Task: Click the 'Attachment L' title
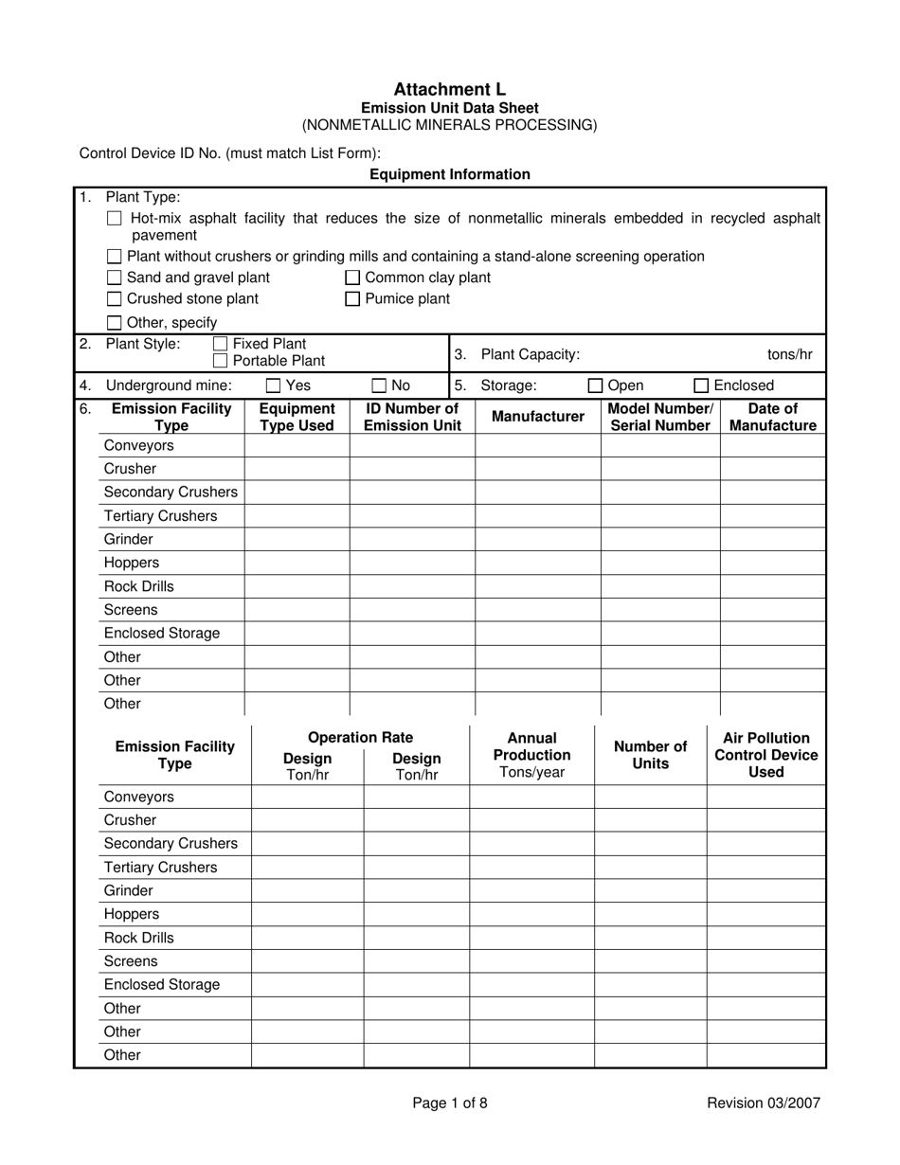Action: coord(449,89)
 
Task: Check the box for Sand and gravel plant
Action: coord(115,278)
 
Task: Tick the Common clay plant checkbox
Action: coord(352,278)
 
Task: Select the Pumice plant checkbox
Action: coord(352,299)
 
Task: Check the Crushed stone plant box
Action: coord(115,299)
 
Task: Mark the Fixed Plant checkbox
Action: coord(221,344)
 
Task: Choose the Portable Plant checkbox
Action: coord(221,361)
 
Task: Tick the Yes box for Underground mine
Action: coord(274,385)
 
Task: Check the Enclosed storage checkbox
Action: coord(702,385)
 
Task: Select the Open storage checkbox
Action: coord(596,385)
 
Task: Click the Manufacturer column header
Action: coord(537,417)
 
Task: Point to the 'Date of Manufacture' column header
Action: coord(772,417)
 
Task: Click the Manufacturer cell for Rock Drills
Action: coord(537,586)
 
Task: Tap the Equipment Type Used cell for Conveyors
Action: coord(297,445)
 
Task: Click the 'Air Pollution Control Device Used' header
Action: coord(765,755)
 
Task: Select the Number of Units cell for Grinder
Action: coord(650,890)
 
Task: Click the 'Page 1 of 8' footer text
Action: coord(450,1102)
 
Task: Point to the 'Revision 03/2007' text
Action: coord(764,1102)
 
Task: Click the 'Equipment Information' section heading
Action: coord(449,174)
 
